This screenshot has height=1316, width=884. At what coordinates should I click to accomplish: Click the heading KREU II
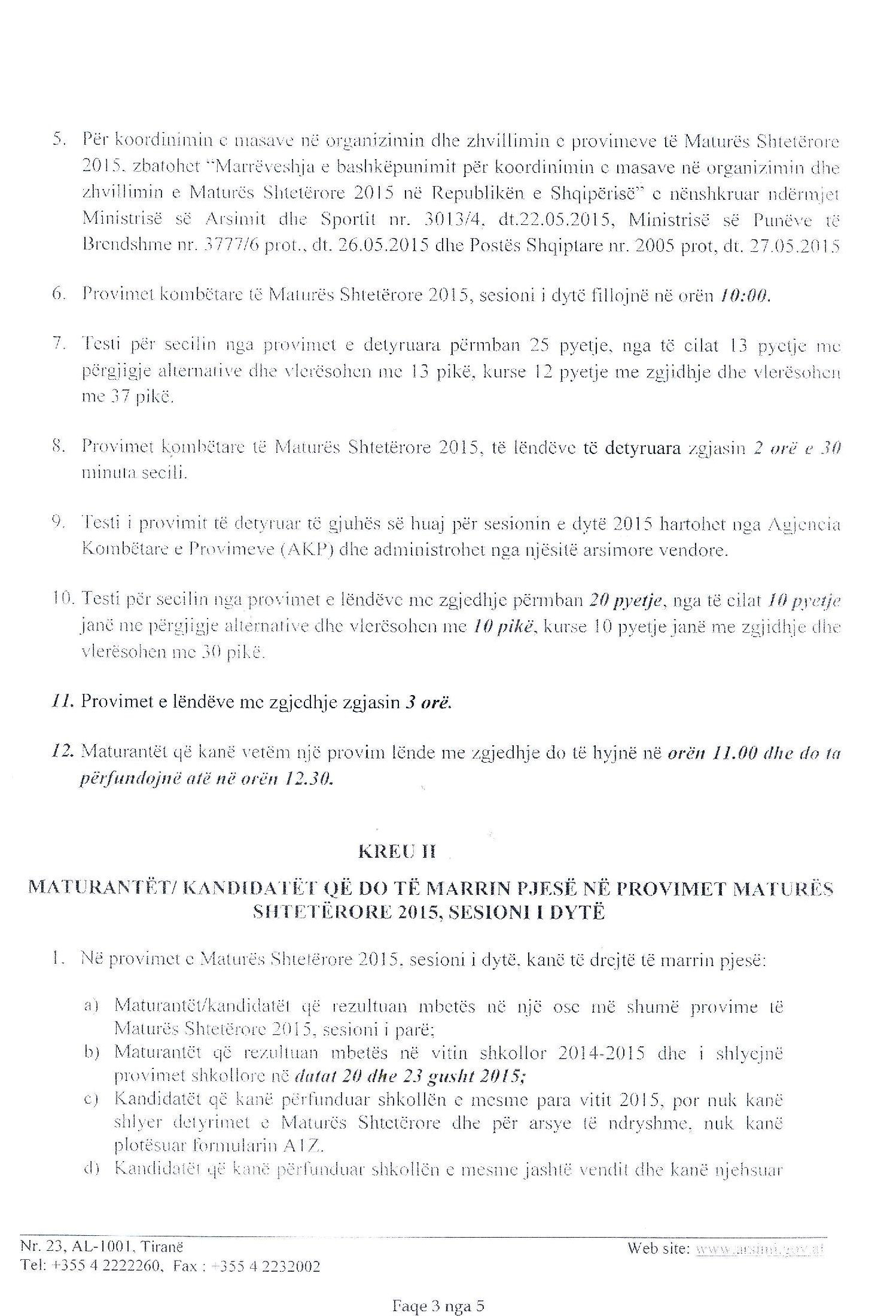(x=397, y=852)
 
